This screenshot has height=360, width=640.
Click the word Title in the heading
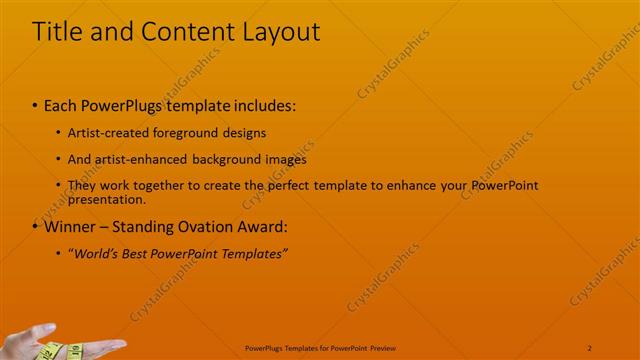[x=57, y=32]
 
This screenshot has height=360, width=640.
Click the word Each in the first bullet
[x=61, y=105]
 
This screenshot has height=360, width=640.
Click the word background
[x=227, y=159]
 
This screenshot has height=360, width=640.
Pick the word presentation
[x=105, y=198]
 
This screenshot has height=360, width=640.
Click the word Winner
[x=69, y=227]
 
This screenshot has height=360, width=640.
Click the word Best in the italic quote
[x=140, y=254]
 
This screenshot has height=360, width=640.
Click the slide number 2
[x=590, y=347]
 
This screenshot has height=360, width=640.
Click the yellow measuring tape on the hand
[x=50, y=351]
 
